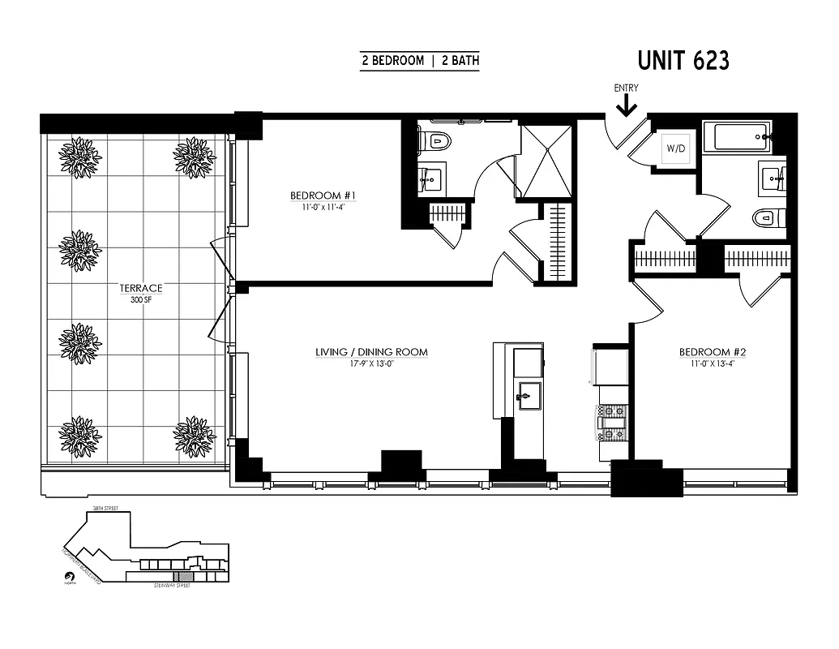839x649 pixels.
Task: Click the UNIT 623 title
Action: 683,61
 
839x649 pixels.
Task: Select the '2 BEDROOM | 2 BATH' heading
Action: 419,61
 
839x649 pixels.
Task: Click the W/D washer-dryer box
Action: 674,148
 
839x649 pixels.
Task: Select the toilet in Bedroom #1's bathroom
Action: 434,141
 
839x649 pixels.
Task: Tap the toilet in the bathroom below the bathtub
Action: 768,217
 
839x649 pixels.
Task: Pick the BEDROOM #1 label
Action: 323,196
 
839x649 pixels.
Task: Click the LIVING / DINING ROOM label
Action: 371,352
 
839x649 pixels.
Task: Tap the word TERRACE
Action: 141,288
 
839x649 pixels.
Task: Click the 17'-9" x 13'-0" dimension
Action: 371,363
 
